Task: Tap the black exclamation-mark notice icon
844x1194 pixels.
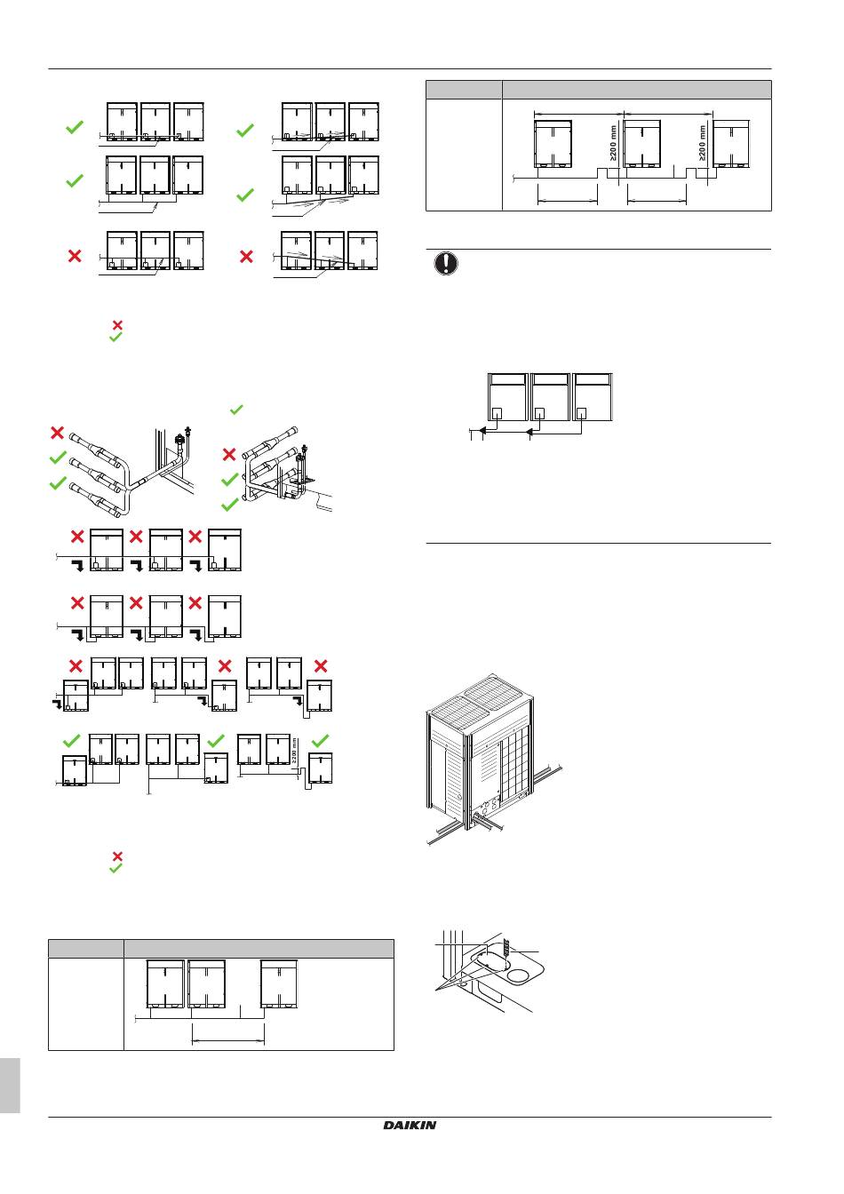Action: tap(447, 265)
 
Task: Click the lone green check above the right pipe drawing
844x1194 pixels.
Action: tap(236, 410)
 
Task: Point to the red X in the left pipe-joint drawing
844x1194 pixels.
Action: tap(58, 433)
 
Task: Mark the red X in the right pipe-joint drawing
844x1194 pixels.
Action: tap(228, 454)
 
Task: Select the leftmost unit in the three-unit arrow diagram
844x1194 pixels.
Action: tap(507, 397)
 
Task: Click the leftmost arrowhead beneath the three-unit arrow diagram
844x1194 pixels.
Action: tap(482, 433)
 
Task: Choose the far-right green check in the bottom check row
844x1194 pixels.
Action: tap(322, 740)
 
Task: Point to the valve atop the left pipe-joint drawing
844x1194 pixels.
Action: tap(183, 437)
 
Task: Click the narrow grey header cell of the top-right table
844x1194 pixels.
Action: tap(464, 90)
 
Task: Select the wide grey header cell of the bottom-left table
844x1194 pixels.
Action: tap(258, 948)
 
